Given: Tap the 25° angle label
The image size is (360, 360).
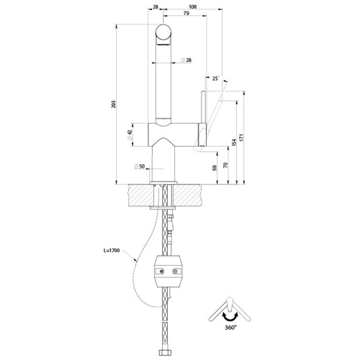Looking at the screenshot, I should pyautogui.click(x=215, y=78).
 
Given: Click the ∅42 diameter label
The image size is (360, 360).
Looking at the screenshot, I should pyautogui.click(x=130, y=134).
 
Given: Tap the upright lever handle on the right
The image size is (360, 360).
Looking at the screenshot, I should pyautogui.click(x=205, y=108).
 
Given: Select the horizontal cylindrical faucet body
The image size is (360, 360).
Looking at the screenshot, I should pyautogui.click(x=174, y=133).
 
